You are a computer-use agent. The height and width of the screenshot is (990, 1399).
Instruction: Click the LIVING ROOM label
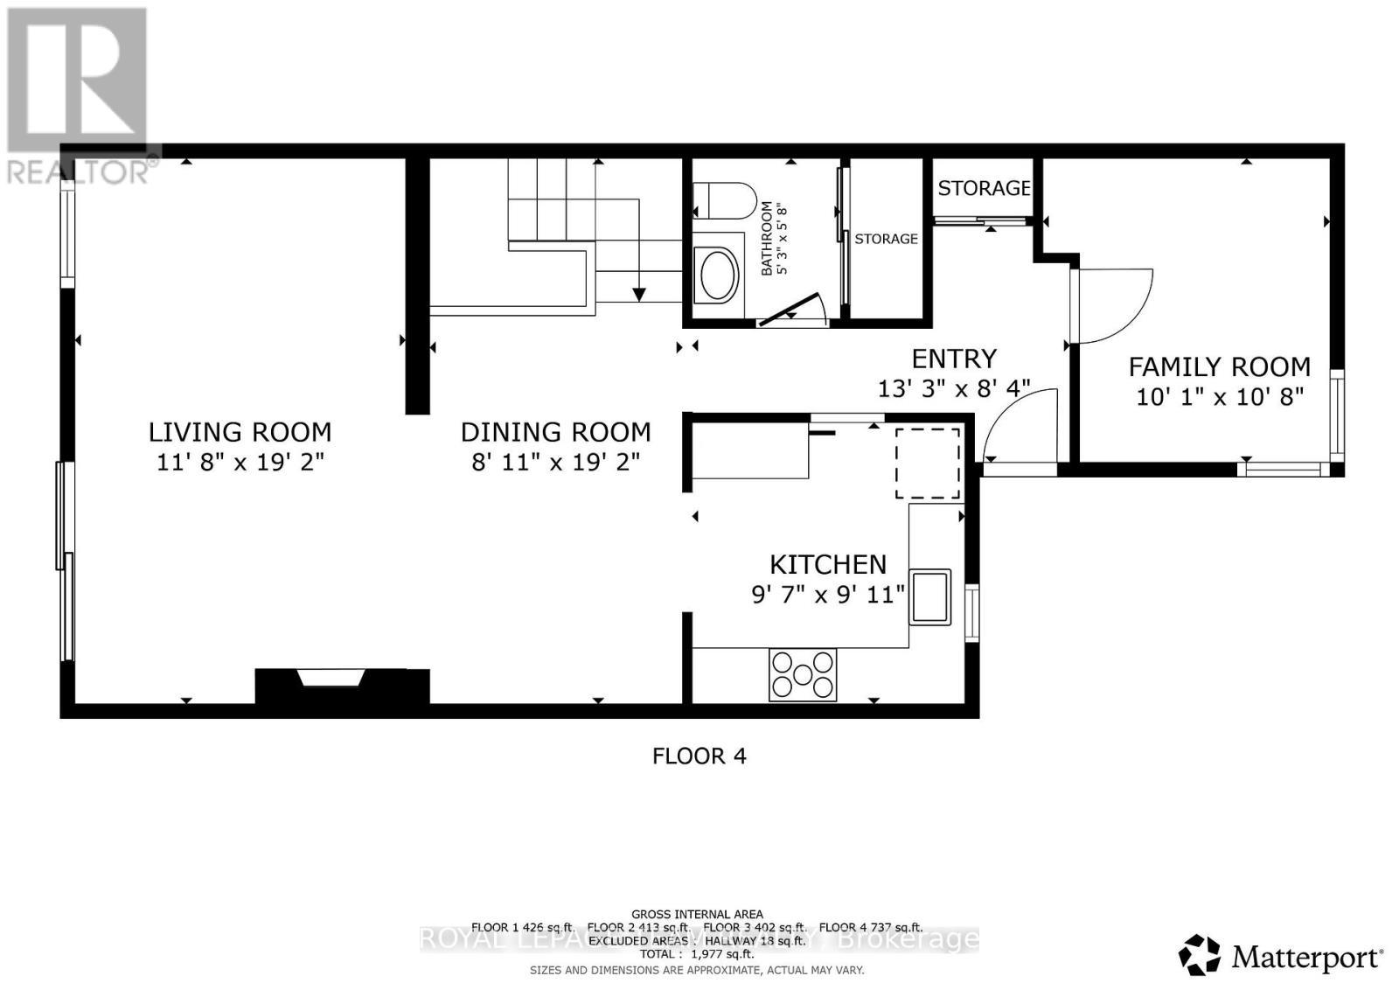click(x=240, y=432)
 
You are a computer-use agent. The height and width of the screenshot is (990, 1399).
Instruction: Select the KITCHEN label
click(x=827, y=564)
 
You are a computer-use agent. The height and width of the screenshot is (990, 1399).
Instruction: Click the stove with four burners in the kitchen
click(x=802, y=674)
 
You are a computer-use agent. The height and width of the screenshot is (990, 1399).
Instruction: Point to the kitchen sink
click(x=929, y=596)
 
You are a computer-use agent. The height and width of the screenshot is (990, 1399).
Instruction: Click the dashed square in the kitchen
click(x=927, y=463)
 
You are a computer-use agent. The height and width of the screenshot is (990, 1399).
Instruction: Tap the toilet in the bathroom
click(x=725, y=201)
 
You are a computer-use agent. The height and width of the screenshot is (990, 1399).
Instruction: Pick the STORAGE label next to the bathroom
click(x=886, y=239)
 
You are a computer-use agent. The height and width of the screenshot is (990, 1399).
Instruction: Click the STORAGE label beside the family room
click(x=984, y=188)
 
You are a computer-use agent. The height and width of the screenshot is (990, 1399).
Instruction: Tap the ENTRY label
click(x=954, y=359)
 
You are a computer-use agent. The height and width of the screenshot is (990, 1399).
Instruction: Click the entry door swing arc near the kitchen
click(x=1019, y=424)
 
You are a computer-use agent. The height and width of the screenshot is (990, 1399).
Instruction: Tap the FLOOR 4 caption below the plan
click(x=699, y=756)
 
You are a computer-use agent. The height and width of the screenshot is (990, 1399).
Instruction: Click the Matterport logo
click(x=1281, y=957)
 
